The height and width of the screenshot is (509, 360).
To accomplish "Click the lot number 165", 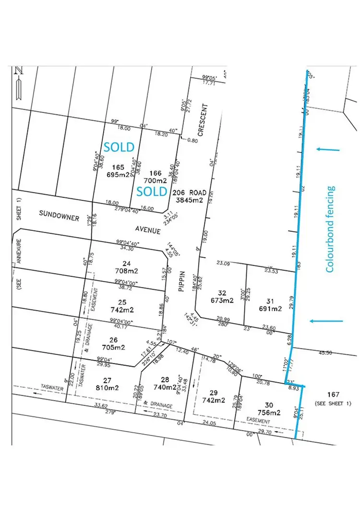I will (x=119, y=167).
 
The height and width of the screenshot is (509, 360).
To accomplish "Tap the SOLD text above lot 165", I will (x=120, y=146).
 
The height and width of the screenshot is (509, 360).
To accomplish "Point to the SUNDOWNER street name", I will (x=60, y=218).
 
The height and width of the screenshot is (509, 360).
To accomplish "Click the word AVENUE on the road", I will (x=147, y=230).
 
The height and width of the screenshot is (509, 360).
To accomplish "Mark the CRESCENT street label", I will (x=202, y=120).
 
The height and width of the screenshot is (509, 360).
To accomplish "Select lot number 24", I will (x=127, y=263).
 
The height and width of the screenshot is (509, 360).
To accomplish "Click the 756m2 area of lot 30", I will (x=268, y=412).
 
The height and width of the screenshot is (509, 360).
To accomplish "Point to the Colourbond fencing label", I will (x=330, y=229).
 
